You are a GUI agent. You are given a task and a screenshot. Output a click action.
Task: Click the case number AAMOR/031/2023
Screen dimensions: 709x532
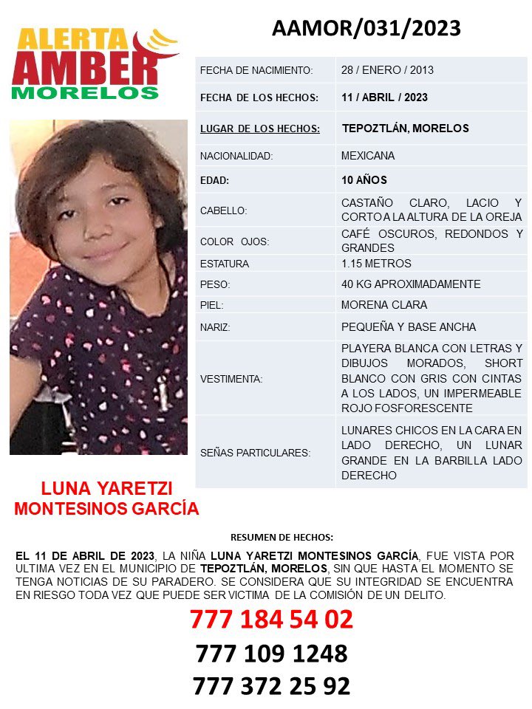click(366, 28)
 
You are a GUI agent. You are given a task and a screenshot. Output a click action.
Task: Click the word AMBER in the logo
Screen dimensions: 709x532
click(85, 69)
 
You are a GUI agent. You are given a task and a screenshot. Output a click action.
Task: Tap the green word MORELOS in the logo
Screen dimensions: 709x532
click(86, 94)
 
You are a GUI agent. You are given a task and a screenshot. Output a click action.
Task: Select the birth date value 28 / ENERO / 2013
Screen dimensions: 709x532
click(387, 70)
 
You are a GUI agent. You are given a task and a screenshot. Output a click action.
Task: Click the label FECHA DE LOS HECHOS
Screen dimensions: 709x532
click(259, 97)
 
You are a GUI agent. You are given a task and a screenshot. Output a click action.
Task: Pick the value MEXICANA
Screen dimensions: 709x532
click(368, 156)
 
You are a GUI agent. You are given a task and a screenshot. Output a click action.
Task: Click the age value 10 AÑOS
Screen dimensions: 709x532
click(364, 180)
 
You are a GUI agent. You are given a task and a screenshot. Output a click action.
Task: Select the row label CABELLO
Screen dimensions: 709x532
click(224, 210)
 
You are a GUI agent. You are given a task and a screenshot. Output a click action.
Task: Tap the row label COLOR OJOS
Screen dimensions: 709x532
click(234, 242)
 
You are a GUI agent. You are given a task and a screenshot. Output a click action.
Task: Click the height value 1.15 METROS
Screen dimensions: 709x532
click(376, 264)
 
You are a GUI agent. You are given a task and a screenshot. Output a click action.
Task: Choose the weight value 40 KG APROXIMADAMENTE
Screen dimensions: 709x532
click(411, 284)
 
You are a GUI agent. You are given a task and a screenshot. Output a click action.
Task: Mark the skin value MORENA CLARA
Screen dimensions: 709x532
click(384, 305)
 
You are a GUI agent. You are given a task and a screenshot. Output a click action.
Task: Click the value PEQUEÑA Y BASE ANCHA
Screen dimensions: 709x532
click(409, 326)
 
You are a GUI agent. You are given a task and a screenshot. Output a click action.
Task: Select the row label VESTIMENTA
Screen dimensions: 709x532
click(231, 379)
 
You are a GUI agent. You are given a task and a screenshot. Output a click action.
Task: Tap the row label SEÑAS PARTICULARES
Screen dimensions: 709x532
click(255, 453)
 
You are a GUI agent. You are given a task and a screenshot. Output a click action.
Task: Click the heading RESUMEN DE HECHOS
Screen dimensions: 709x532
click(282, 537)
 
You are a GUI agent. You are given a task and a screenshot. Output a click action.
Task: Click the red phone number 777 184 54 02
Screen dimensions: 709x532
click(271, 619)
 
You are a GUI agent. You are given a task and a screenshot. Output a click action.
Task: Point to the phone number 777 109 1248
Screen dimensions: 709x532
click(271, 653)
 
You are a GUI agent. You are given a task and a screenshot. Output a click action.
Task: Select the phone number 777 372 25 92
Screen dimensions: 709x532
click(271, 686)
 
